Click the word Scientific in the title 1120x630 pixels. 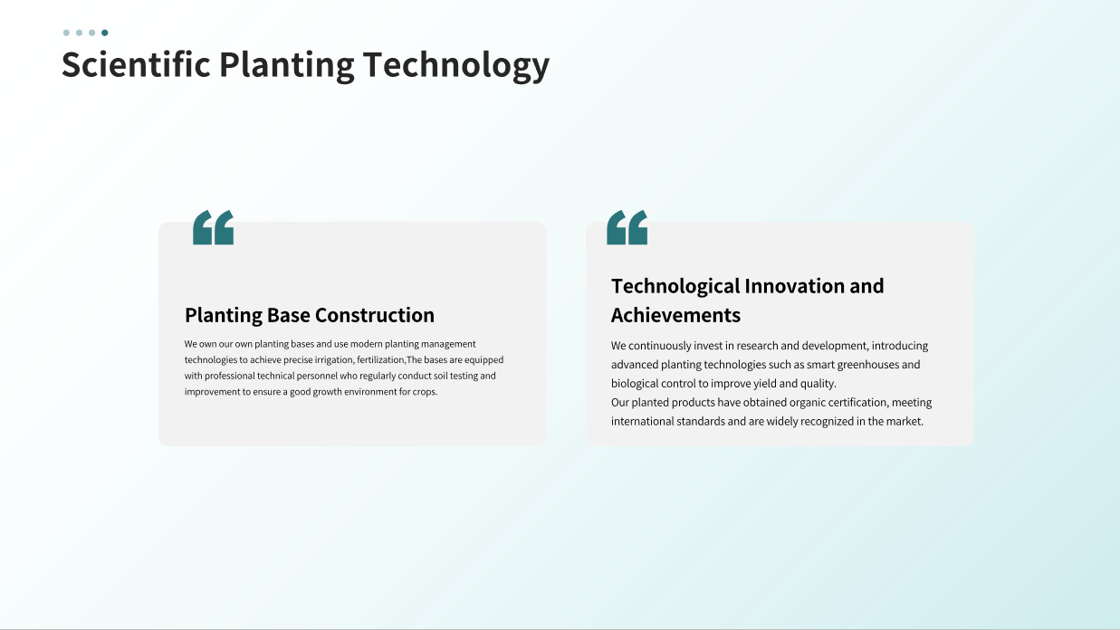[136, 64]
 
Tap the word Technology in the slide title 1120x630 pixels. [456, 66]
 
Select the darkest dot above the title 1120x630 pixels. [104, 33]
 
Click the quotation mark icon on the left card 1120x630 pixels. [213, 227]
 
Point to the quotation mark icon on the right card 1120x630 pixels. [627, 227]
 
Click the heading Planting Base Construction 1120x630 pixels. [310, 315]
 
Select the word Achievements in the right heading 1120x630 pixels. [675, 315]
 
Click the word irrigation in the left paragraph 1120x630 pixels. [334, 360]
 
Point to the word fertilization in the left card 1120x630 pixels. [381, 360]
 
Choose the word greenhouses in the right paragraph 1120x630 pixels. [868, 365]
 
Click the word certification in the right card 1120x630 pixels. [858, 403]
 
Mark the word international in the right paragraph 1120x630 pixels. [642, 422]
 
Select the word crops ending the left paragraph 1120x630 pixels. [425, 392]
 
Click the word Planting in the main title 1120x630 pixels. [286, 66]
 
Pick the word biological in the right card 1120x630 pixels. [634, 384]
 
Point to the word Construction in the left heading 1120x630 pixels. [375, 315]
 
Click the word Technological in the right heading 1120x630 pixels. [675, 287]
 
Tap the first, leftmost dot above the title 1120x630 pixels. [66, 33]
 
